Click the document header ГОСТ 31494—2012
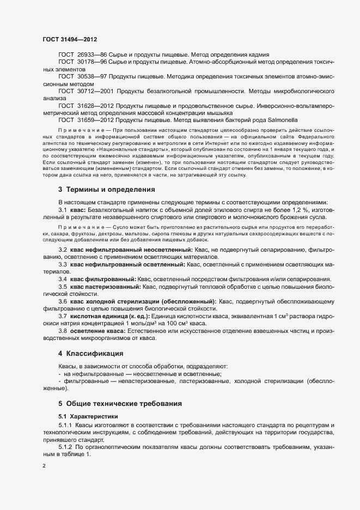pos(70,40)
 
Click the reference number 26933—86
pos(92,56)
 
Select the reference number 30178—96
pos(92,63)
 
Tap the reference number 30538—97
pos(92,77)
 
